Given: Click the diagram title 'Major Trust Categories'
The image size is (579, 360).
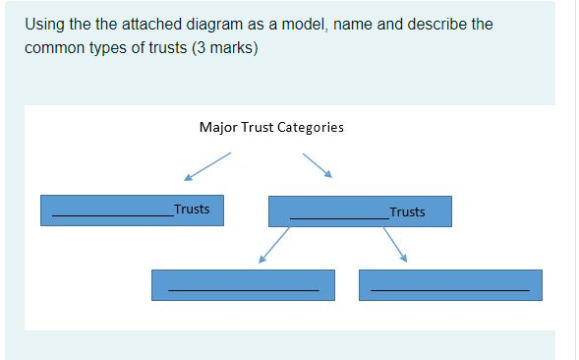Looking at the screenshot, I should (x=270, y=127).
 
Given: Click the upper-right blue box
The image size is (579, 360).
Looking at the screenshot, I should (x=360, y=211).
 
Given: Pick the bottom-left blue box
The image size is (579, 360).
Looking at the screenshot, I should (x=243, y=285).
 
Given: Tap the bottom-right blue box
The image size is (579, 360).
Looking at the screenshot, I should (x=450, y=285).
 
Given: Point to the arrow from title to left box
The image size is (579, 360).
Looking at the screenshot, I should (x=207, y=166).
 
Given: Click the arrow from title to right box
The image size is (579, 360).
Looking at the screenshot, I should (x=318, y=164).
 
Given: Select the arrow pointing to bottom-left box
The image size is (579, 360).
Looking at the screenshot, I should (x=274, y=245).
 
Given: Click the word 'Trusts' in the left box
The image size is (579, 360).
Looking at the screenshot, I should (x=191, y=209).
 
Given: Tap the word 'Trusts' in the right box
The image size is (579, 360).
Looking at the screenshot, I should (x=407, y=211).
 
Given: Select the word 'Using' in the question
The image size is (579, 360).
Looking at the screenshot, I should (x=45, y=24).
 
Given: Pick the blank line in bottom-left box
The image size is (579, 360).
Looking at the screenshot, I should (x=243, y=290).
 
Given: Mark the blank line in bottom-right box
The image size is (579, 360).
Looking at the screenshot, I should (x=450, y=290).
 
